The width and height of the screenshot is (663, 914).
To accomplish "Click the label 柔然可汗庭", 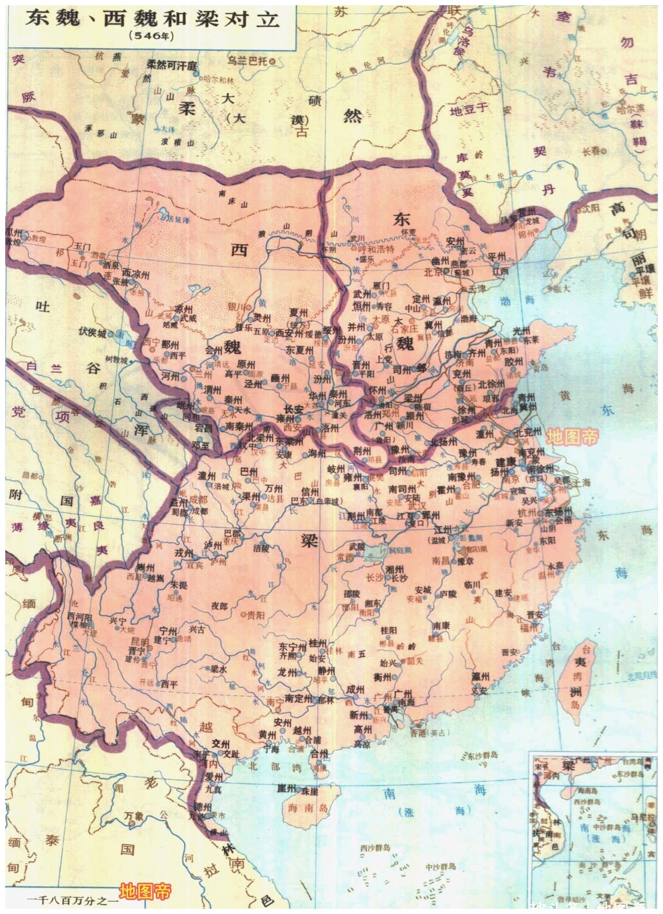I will pyautogui.click(x=171, y=65).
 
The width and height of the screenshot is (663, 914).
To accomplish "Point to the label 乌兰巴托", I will pyautogui.click(x=249, y=61).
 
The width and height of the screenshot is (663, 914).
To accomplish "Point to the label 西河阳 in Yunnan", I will pyautogui.click(x=78, y=615).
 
